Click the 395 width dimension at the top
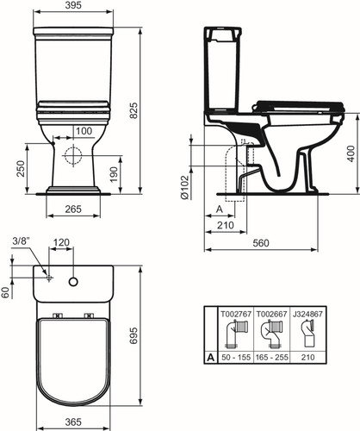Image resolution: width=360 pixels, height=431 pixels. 73,5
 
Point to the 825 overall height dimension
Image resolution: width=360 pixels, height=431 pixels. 133,110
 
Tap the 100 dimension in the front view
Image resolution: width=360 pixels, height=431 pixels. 84,131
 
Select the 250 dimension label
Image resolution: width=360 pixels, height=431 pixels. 21,169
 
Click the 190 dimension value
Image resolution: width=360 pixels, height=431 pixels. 115,174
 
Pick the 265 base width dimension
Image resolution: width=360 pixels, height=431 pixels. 73,209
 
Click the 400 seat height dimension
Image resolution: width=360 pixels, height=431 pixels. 351,153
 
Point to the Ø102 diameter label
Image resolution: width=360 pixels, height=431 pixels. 184,187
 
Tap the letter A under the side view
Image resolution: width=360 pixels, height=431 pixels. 220,209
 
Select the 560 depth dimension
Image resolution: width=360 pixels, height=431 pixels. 261,243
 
